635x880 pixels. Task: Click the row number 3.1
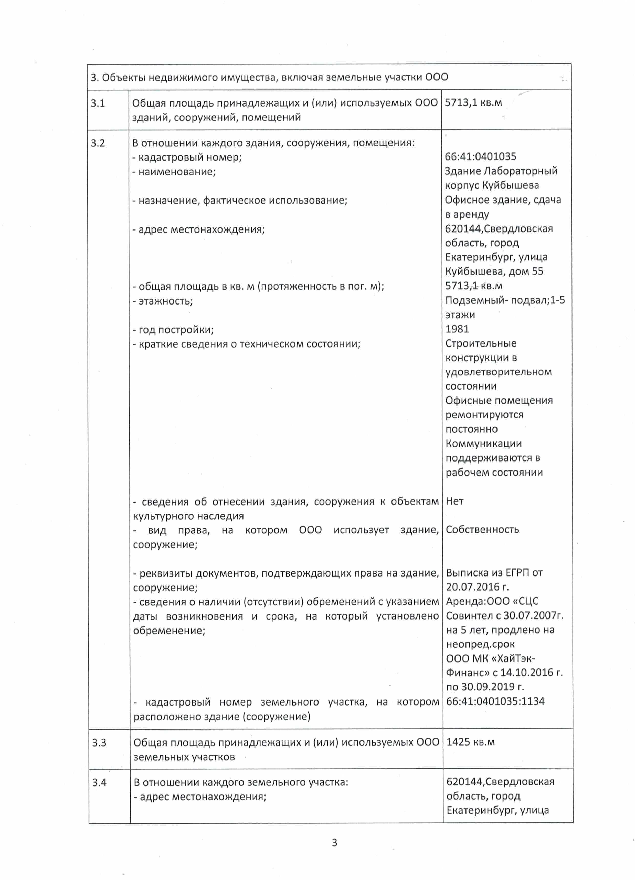click(98, 103)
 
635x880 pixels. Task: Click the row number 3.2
click(98, 143)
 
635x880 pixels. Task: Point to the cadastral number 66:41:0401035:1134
click(495, 701)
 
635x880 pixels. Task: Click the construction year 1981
click(457, 329)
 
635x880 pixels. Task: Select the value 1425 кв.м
click(471, 742)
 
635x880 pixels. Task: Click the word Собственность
click(482, 530)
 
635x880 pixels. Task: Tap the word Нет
click(455, 501)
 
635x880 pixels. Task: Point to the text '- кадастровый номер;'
click(187, 158)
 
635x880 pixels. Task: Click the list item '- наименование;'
click(174, 172)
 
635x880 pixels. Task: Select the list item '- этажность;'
click(163, 301)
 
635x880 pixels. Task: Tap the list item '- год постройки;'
click(173, 330)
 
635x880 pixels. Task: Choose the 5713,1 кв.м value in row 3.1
click(473, 103)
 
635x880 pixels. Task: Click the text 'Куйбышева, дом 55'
click(494, 271)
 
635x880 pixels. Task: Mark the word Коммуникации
click(483, 444)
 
